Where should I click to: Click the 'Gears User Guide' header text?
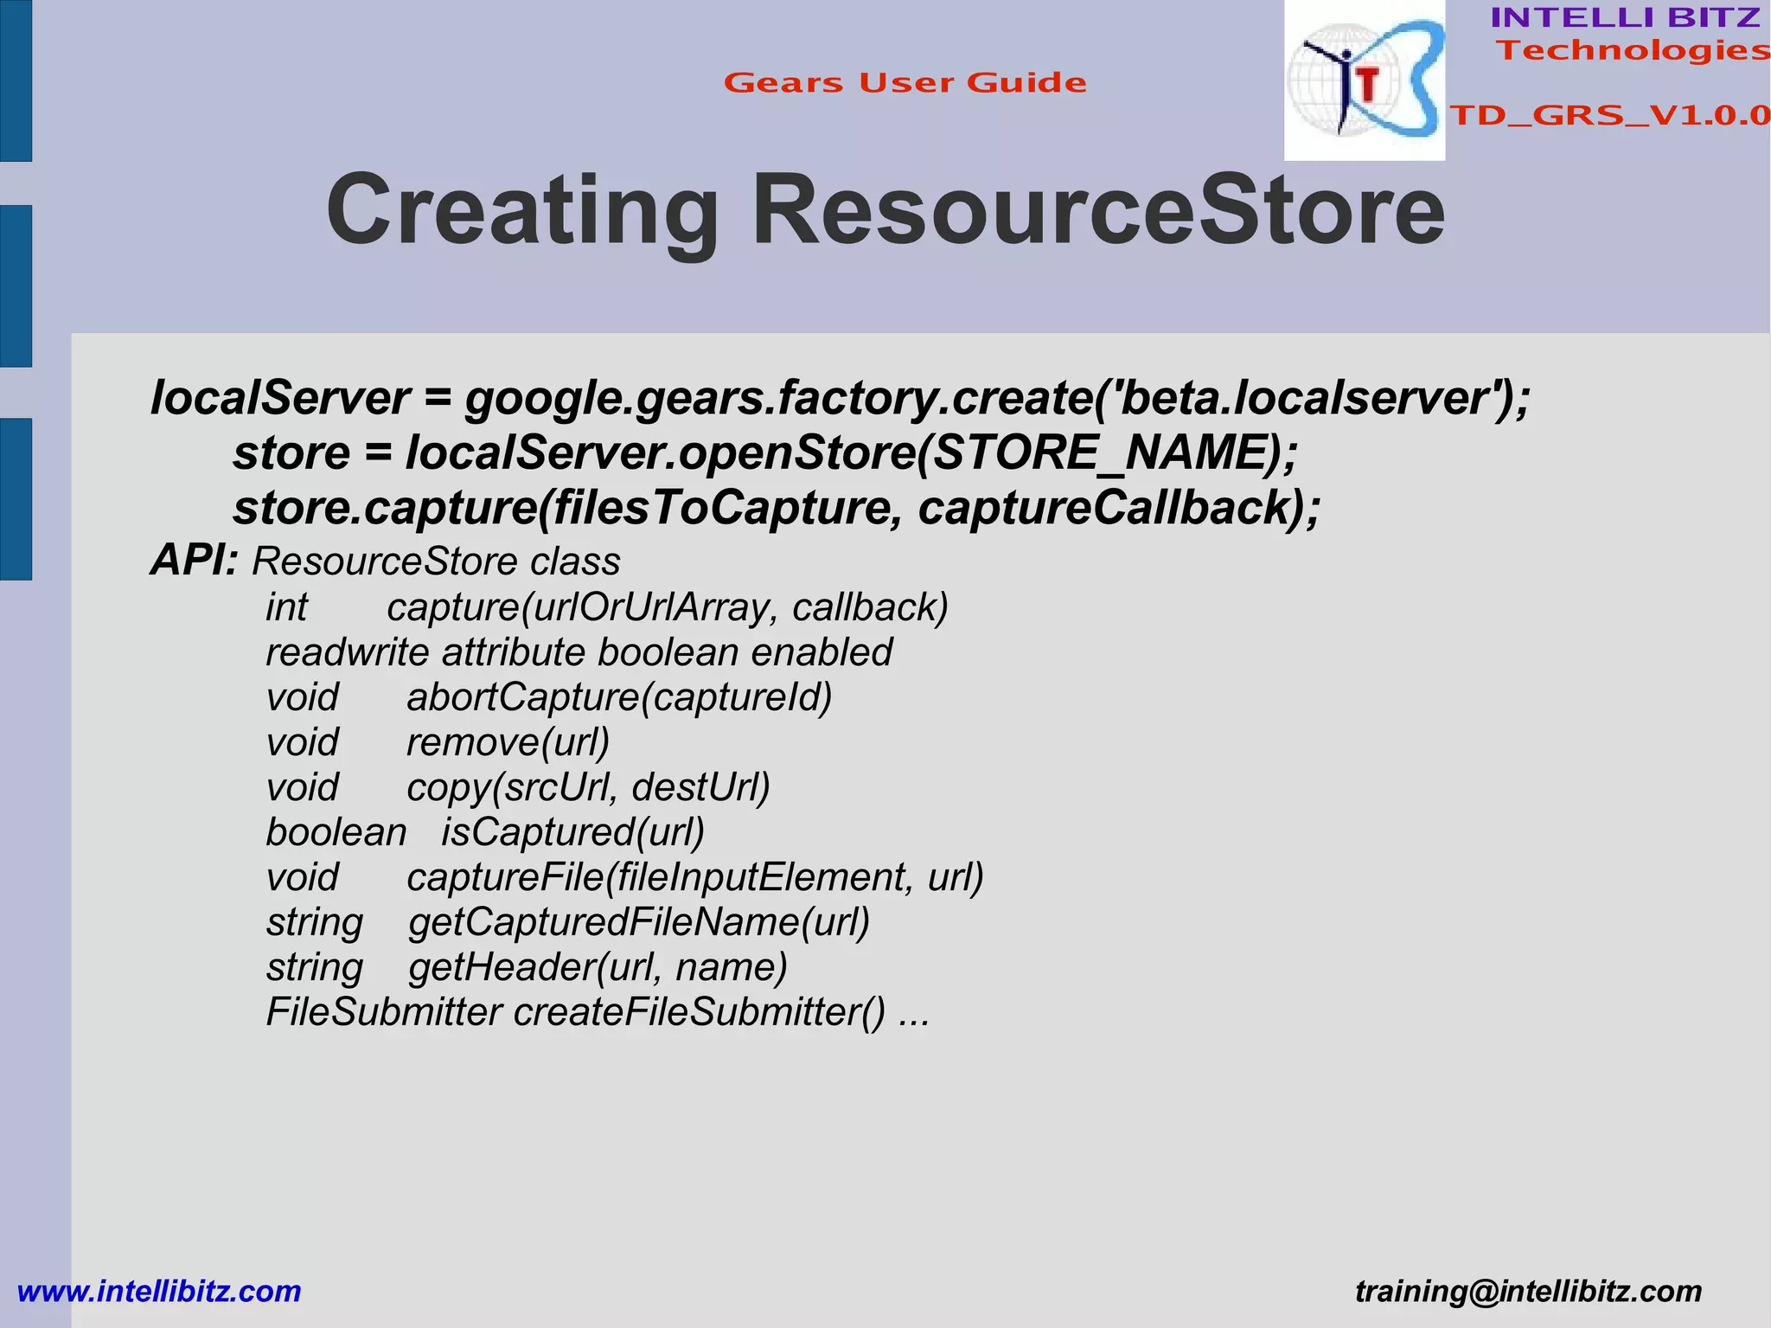[x=905, y=83]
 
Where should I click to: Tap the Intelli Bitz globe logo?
[x=1364, y=80]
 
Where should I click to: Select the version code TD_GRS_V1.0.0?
[x=1609, y=115]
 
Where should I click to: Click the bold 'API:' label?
[x=194, y=561]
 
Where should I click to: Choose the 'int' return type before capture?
[x=286, y=607]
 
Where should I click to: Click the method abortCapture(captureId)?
[x=619, y=697]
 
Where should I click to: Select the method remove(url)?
[x=508, y=742]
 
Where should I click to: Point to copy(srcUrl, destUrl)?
[x=588, y=787]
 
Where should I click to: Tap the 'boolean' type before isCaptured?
[x=336, y=832]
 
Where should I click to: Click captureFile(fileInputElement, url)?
[x=695, y=877]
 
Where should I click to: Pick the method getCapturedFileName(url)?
[x=639, y=922]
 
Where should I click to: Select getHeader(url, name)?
[x=598, y=967]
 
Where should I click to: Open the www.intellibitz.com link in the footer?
[x=159, y=1292]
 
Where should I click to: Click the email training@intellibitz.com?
[x=1528, y=1292]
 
